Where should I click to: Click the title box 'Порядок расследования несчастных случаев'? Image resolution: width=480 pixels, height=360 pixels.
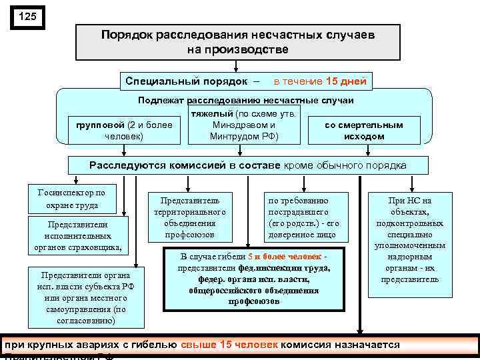click(x=238, y=41)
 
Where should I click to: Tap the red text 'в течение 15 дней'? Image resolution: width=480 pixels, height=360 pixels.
click(x=320, y=81)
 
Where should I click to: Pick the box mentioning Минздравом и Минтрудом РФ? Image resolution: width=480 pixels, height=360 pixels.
click(x=243, y=125)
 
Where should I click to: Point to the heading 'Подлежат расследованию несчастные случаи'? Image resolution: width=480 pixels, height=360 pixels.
click(x=246, y=100)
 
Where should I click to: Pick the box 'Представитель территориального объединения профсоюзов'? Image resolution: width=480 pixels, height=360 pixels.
click(x=189, y=217)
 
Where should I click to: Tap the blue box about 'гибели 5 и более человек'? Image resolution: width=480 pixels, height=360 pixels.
click(x=254, y=279)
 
